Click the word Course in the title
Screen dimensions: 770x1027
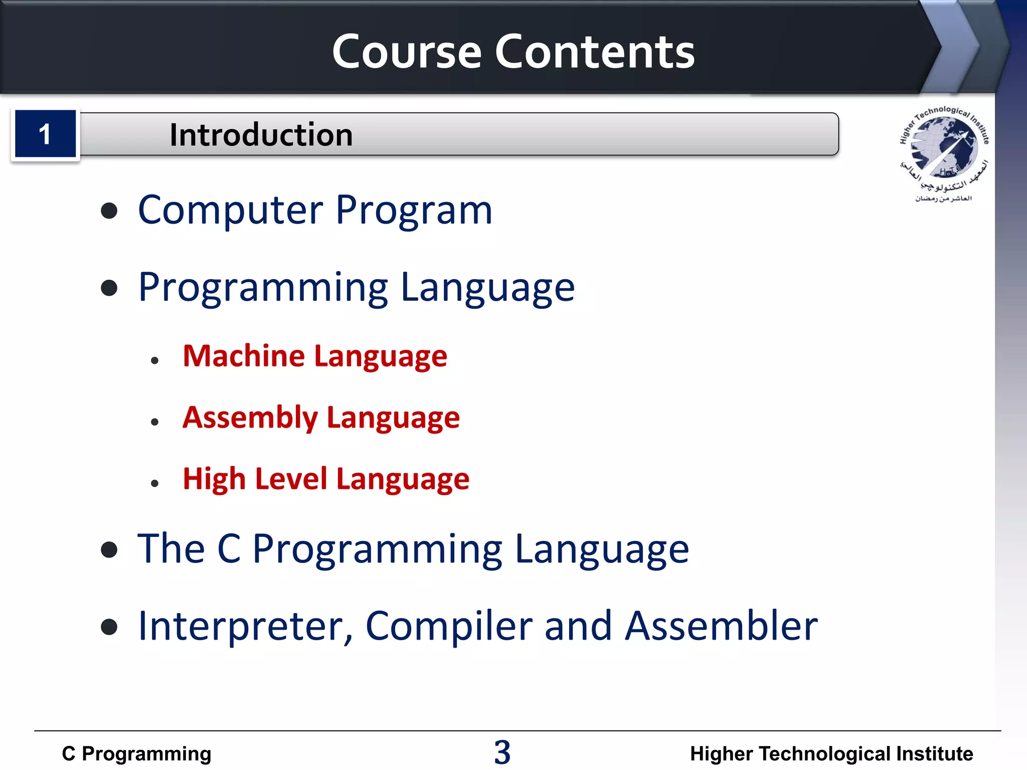coord(407,52)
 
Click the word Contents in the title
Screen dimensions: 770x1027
coord(595,52)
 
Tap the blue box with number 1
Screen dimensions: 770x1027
coord(45,134)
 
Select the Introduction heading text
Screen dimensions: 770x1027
coord(261,135)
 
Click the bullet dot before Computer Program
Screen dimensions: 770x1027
coord(109,211)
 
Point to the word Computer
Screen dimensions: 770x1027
coord(231,210)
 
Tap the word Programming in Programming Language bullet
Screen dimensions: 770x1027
coord(263,288)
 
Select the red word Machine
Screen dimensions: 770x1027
coord(244,356)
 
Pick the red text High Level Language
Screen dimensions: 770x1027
coord(326,479)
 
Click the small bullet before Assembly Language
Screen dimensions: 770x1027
coord(154,422)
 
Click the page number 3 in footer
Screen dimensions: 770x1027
coord(502,752)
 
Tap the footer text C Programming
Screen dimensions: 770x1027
coord(136,754)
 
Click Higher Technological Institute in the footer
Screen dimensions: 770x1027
coord(831,754)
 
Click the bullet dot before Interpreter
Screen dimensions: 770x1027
coord(109,627)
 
